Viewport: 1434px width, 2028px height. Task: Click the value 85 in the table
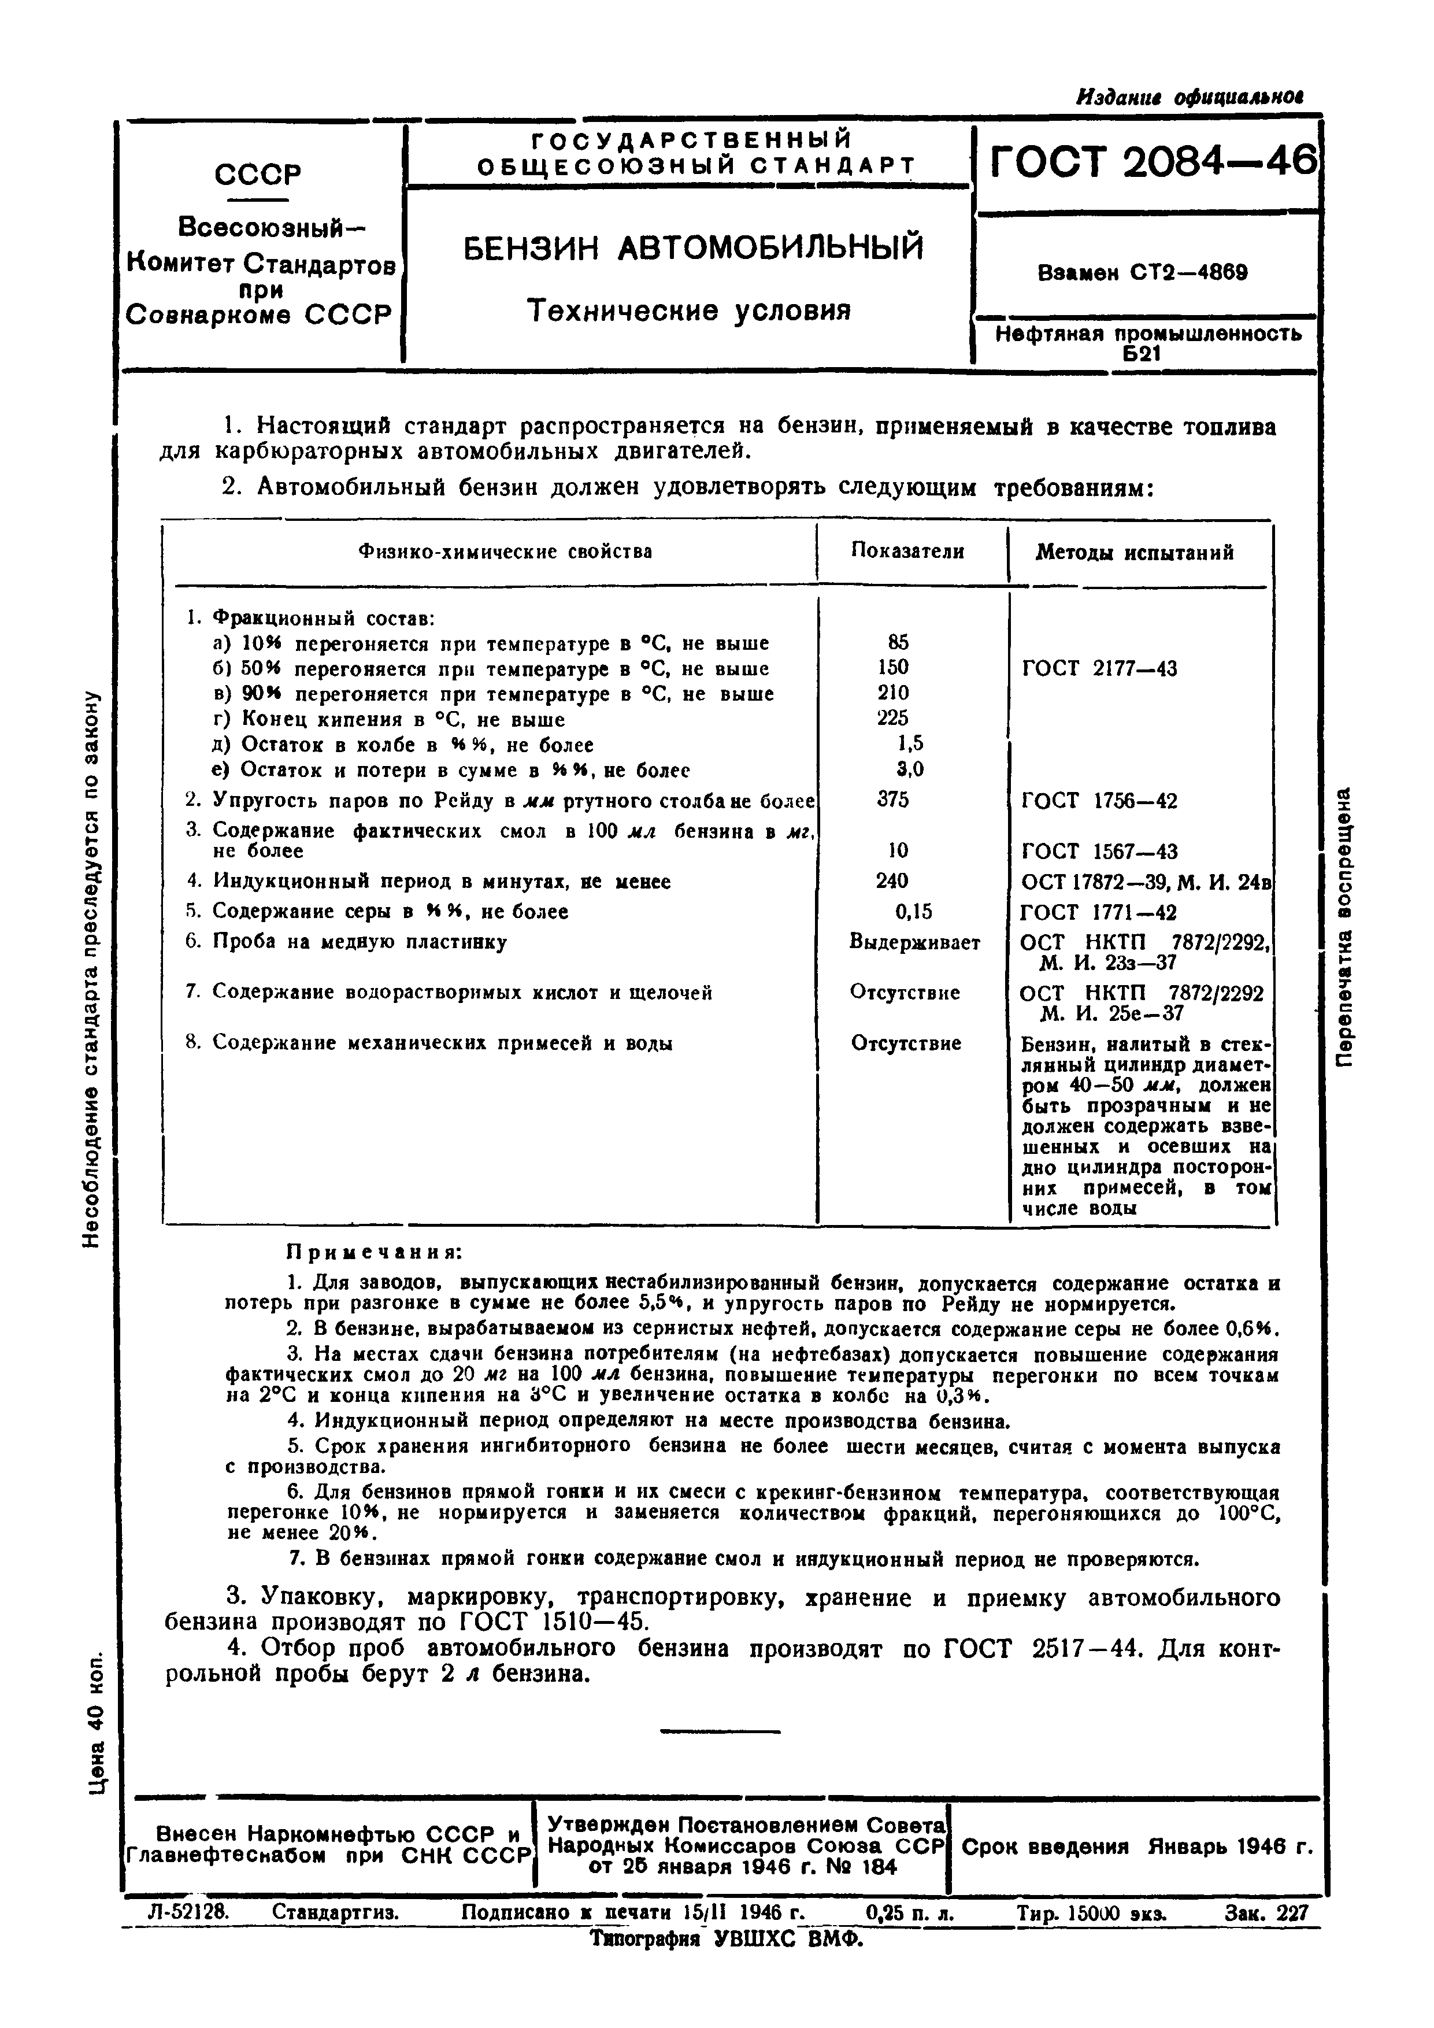pyautogui.click(x=898, y=642)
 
